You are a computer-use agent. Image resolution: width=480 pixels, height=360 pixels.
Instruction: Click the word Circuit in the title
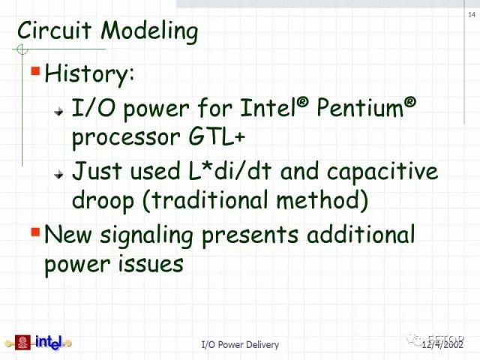pyautogui.click(x=54, y=30)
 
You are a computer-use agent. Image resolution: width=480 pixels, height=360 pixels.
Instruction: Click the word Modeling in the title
pyautogui.click(x=149, y=31)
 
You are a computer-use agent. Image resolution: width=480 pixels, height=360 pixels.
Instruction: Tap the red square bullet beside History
pyautogui.click(x=36, y=71)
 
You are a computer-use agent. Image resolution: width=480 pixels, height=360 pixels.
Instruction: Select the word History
pyautogui.click(x=89, y=73)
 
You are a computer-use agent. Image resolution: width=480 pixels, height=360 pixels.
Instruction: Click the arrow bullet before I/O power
pyautogui.click(x=58, y=112)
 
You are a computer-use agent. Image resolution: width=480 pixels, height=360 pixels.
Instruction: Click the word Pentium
pyautogui.click(x=360, y=107)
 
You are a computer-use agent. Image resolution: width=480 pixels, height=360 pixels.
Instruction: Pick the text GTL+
pyautogui.click(x=217, y=137)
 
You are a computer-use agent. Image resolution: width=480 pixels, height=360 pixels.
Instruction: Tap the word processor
pyautogui.click(x=126, y=139)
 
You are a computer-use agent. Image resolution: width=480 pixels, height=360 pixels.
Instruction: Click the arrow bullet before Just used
pyautogui.click(x=58, y=174)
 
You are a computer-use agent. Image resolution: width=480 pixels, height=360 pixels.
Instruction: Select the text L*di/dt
pyautogui.click(x=230, y=171)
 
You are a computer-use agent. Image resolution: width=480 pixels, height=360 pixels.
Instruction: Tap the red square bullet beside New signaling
pyautogui.click(x=36, y=232)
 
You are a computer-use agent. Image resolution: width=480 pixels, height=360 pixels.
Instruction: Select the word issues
pyautogui.click(x=151, y=264)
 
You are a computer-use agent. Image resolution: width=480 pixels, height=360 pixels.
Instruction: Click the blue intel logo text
pyautogui.click(x=49, y=342)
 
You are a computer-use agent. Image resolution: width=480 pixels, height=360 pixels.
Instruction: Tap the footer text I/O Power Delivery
pyautogui.click(x=240, y=345)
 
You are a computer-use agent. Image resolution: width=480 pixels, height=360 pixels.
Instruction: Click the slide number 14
pyautogui.click(x=472, y=14)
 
